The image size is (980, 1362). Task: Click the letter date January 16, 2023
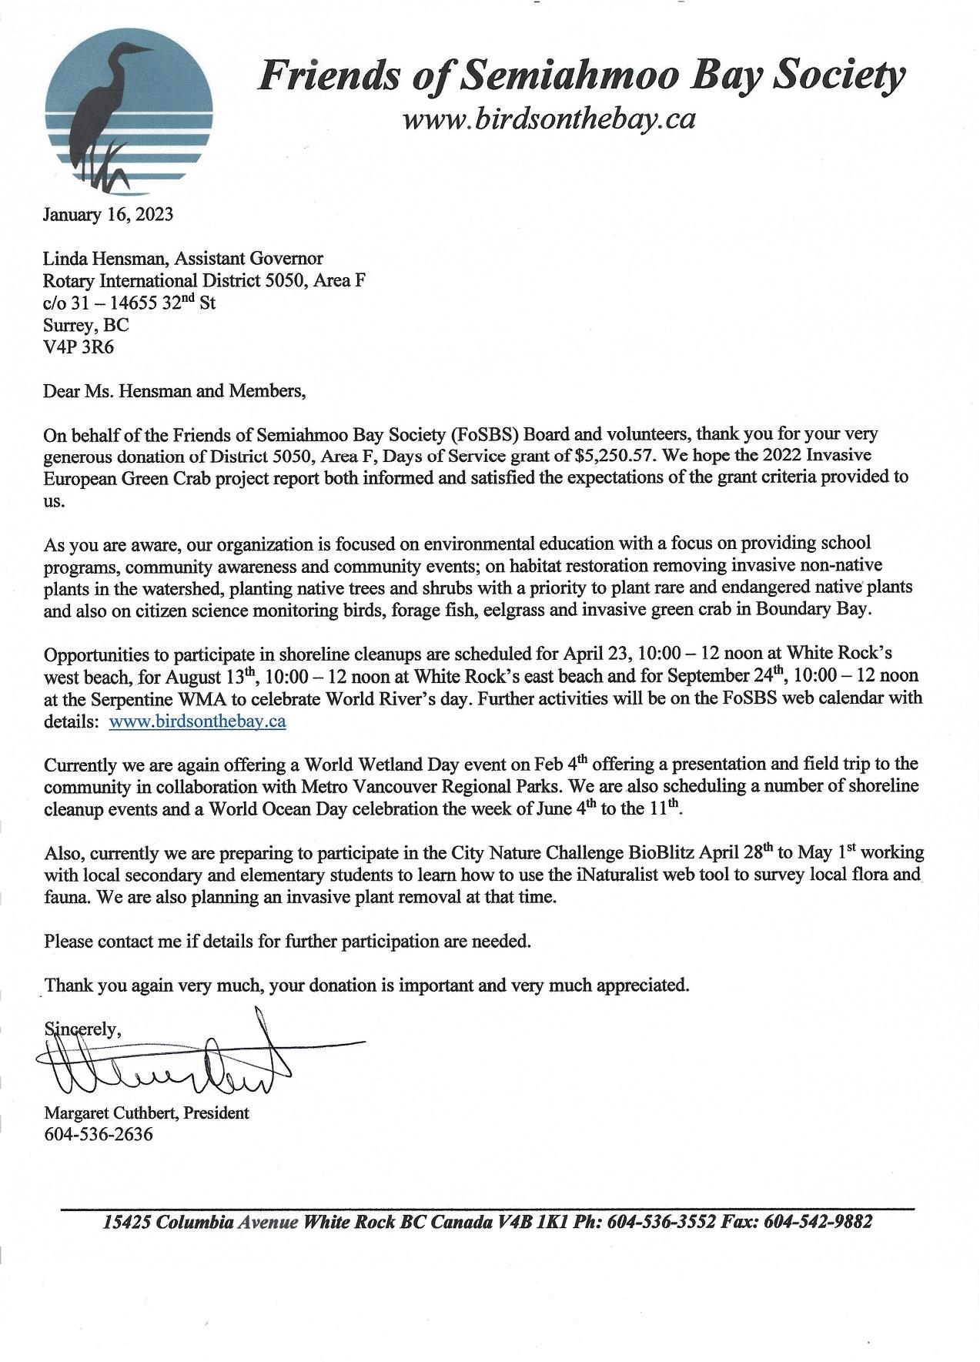[108, 214]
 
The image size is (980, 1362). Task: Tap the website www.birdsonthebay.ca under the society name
[549, 119]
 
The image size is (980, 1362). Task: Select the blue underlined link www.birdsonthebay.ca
[198, 721]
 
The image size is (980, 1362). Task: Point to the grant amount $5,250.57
[614, 455]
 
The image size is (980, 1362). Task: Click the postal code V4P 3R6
[79, 346]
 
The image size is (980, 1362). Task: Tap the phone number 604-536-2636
[99, 1134]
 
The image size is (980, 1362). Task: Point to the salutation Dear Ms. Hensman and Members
[175, 391]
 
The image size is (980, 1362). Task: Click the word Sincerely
[82, 1029]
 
